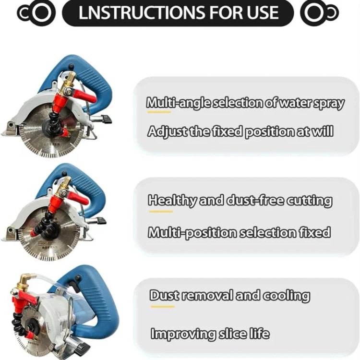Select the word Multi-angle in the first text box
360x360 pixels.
(x=178, y=103)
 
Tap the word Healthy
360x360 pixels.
(x=172, y=201)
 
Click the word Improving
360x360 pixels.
(x=183, y=334)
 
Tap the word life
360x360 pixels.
(x=259, y=333)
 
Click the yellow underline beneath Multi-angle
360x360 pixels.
(x=159, y=112)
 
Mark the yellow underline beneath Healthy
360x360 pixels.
(x=161, y=212)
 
